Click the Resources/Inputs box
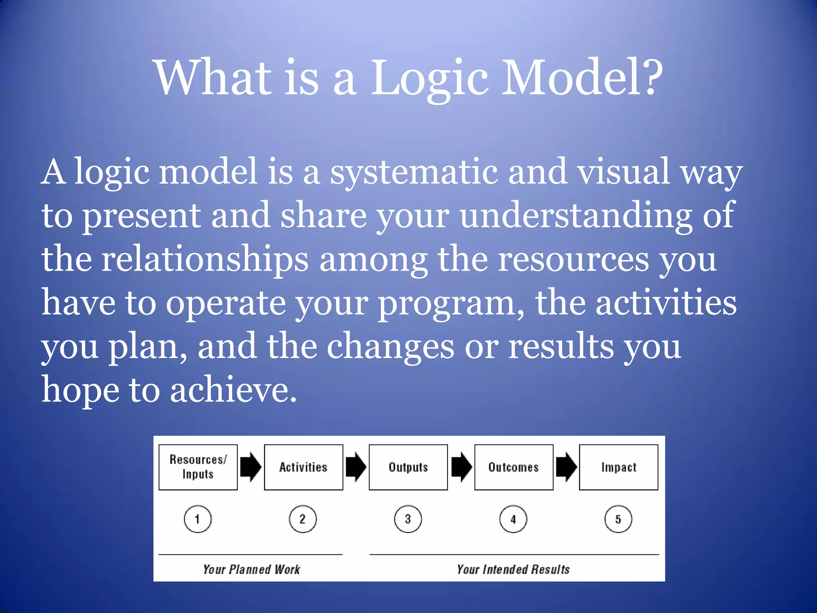tap(198, 467)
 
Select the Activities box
tap(303, 467)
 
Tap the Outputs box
tap(408, 467)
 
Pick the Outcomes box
tap(513, 467)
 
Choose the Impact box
tap(618, 467)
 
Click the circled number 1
tap(197, 519)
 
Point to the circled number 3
tap(408, 519)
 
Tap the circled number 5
tap(618, 519)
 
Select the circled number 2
tap(302, 519)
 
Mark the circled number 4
tap(513, 519)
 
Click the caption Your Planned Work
tap(251, 569)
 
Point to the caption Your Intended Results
tap(513, 569)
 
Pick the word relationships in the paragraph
tap(205, 259)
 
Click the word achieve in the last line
tap(233, 390)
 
